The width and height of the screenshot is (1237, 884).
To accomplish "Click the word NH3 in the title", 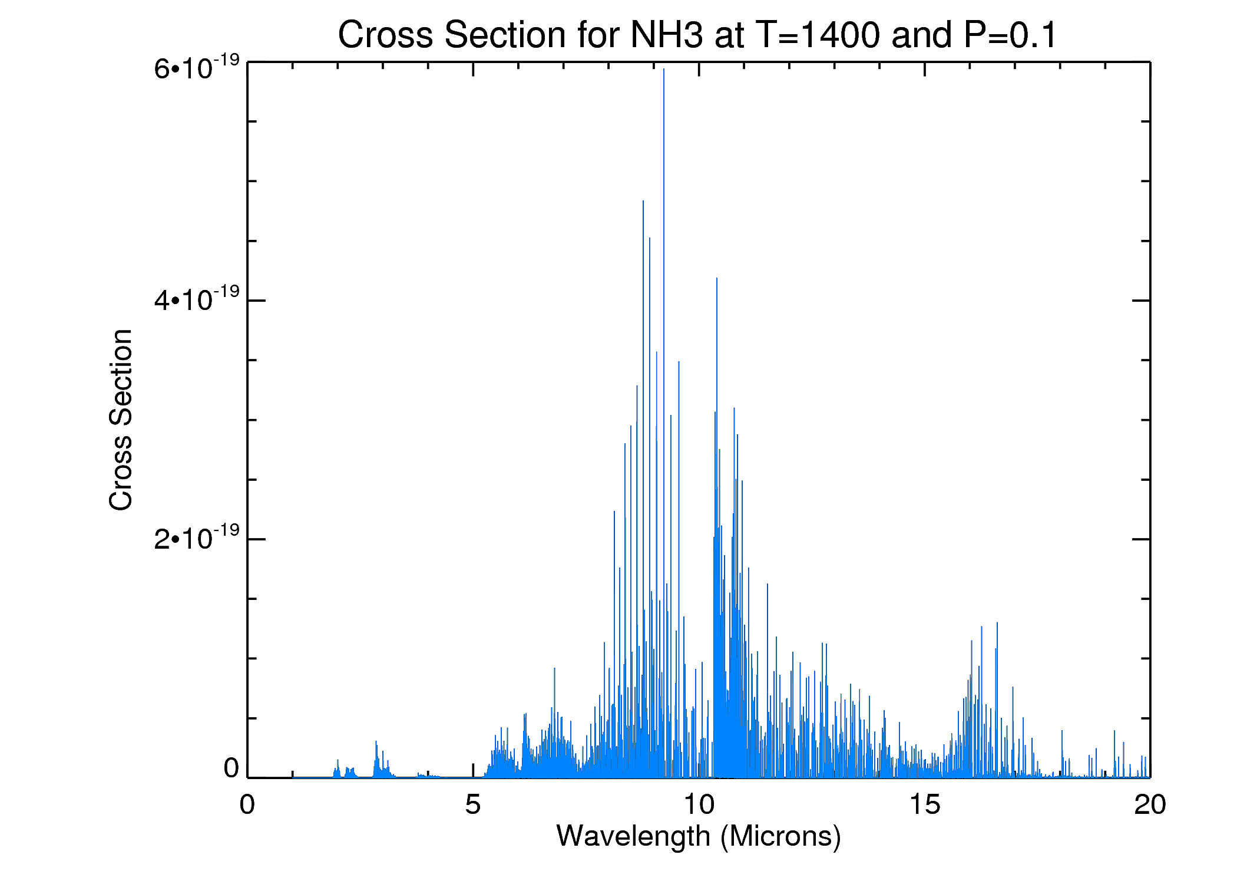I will [x=666, y=35].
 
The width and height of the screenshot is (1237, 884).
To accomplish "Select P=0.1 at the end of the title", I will [x=1010, y=35].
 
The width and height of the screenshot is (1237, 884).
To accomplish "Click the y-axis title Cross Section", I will [x=121, y=420].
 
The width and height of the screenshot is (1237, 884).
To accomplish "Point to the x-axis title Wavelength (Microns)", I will [x=699, y=836].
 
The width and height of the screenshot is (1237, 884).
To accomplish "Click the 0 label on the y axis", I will [x=231, y=768].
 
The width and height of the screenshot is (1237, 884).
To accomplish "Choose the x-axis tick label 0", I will [x=247, y=805].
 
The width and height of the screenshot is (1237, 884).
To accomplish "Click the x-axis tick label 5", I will [x=473, y=805].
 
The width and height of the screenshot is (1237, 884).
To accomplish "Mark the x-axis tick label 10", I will [x=699, y=805].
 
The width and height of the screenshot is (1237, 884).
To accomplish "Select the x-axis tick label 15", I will [x=925, y=805].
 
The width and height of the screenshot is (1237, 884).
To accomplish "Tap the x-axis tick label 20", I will [x=1150, y=805].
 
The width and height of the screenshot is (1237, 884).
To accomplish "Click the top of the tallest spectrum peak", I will [x=664, y=70].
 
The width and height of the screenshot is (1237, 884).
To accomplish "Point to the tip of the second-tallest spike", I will [x=643, y=202].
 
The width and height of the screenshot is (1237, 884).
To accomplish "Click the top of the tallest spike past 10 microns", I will [x=716, y=278].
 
